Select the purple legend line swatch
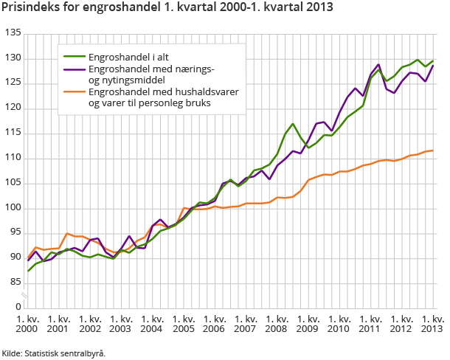click(x=72, y=69)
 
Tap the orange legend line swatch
click(x=72, y=92)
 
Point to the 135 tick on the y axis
click(x=13, y=34)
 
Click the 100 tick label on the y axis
click(x=13, y=208)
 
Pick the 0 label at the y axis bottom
click(x=18, y=305)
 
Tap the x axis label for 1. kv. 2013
click(x=432, y=324)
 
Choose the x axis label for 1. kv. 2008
click(x=277, y=324)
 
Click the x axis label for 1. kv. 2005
click(x=184, y=324)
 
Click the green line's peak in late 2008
click(x=293, y=124)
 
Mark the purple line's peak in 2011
click(x=378, y=65)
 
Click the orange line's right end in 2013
click(x=432, y=150)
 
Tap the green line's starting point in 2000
click(x=29, y=271)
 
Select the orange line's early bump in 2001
click(x=66, y=234)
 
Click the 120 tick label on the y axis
click(x=13, y=108)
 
